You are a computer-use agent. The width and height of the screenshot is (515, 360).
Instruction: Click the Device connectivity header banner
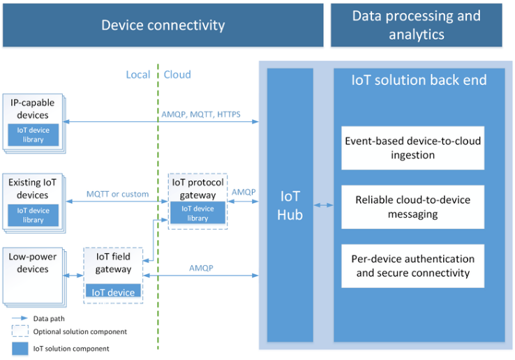(x=163, y=25)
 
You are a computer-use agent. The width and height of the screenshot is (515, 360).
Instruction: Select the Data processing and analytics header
(x=417, y=25)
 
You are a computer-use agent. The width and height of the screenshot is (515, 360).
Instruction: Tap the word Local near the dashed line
(x=138, y=75)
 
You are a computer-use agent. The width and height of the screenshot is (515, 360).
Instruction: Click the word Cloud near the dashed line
(x=177, y=75)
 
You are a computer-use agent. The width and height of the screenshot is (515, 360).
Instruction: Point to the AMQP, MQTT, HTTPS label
(x=201, y=114)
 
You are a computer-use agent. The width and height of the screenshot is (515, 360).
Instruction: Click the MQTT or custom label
(x=117, y=194)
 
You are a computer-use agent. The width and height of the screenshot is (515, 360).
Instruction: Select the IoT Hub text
(x=290, y=205)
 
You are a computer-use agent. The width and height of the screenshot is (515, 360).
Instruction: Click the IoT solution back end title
(x=419, y=80)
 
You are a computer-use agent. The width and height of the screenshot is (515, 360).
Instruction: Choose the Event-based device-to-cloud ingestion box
(x=413, y=148)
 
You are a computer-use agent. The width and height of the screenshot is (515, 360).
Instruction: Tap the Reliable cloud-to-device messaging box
(x=413, y=207)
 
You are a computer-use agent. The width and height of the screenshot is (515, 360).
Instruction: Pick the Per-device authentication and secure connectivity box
(x=413, y=266)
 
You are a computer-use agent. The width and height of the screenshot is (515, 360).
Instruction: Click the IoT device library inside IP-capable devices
(x=33, y=135)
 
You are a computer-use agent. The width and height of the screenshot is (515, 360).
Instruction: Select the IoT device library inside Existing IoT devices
(x=33, y=215)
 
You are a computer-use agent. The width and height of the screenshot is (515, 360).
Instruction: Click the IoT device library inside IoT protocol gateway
(x=197, y=213)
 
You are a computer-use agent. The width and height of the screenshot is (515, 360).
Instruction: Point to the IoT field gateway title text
(x=113, y=263)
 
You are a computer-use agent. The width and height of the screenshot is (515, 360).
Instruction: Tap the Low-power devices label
(x=33, y=263)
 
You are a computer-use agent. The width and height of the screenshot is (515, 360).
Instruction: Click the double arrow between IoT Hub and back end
(x=324, y=205)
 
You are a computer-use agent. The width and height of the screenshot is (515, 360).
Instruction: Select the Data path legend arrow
(x=20, y=318)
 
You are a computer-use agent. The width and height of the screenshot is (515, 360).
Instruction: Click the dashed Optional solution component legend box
(x=20, y=331)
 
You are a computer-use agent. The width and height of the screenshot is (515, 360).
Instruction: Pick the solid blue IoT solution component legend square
(x=20, y=349)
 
